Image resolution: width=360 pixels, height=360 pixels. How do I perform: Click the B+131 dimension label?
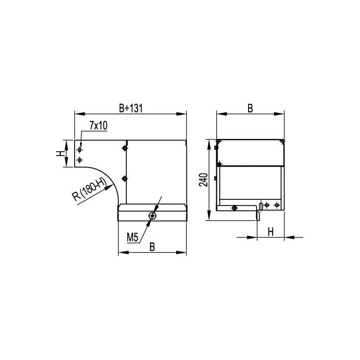[131, 108]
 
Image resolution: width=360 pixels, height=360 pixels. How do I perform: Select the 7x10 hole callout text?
[98, 126]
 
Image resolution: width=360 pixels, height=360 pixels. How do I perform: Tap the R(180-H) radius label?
[89, 190]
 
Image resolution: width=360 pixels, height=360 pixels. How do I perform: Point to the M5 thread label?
[133, 237]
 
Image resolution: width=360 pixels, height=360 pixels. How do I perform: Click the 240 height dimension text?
[203, 180]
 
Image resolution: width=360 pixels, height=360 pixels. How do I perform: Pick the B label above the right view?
[250, 108]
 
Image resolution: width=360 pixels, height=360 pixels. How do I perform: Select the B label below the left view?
[152, 247]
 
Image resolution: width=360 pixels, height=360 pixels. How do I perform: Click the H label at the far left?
[60, 153]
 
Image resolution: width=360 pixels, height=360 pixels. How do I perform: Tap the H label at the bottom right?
[271, 232]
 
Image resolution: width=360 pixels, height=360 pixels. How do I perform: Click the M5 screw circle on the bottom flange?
[153, 216]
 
